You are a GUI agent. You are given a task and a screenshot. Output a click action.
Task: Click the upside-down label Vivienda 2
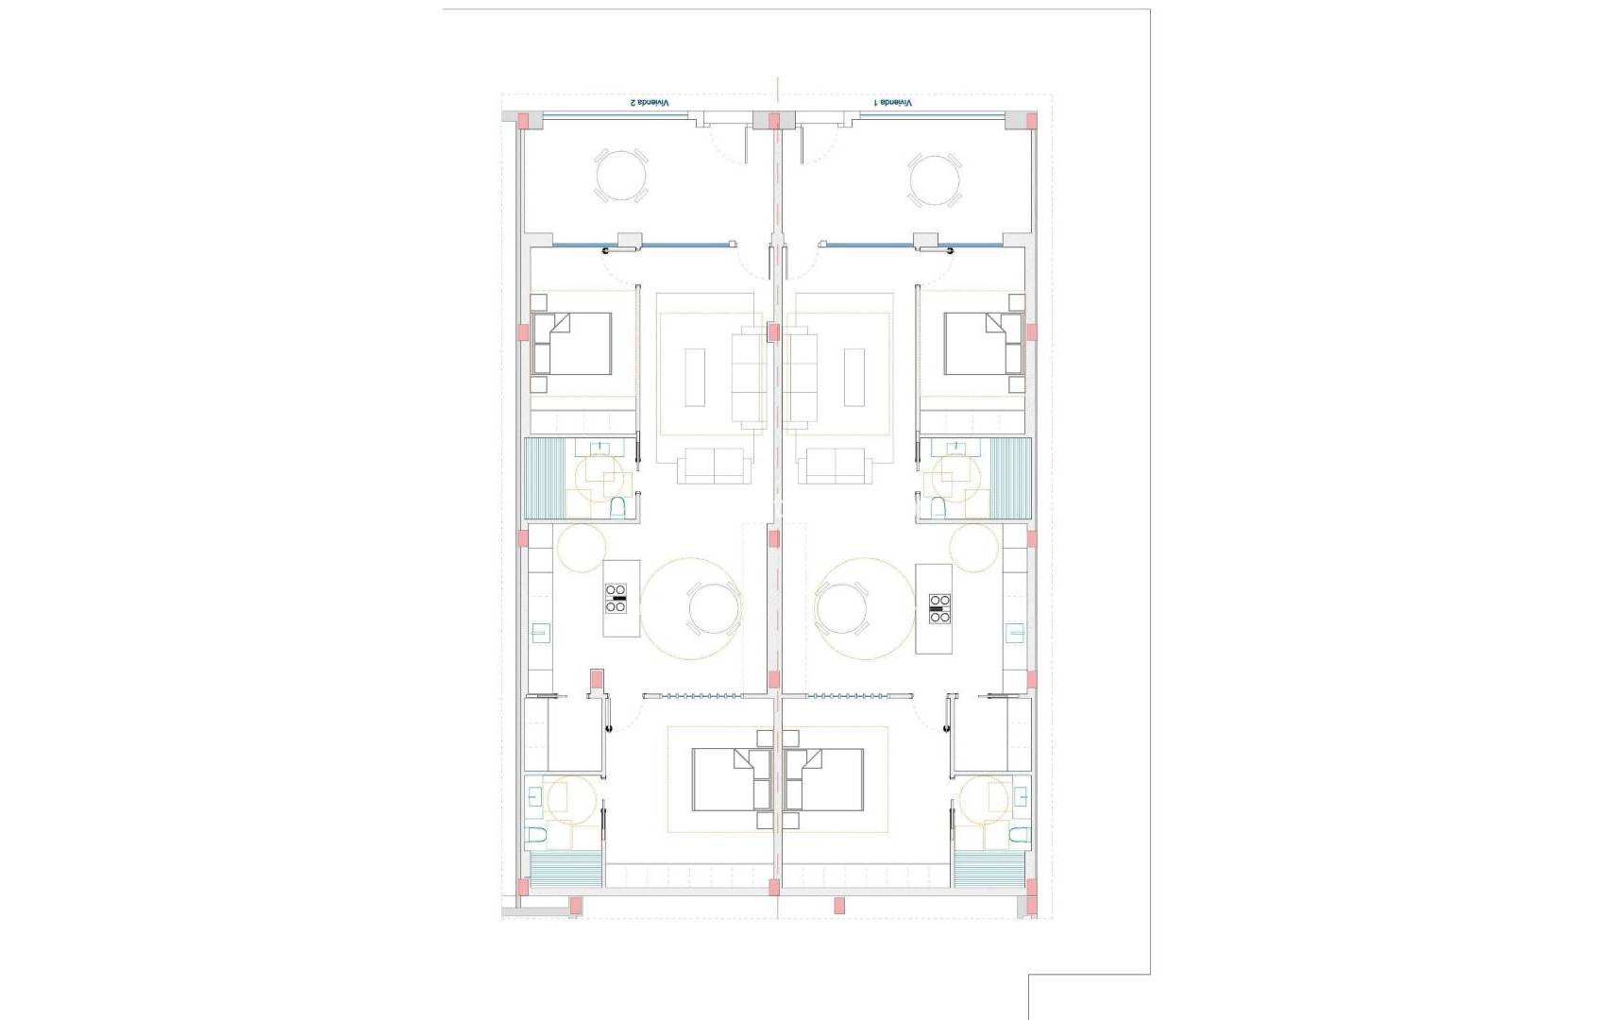click(x=650, y=102)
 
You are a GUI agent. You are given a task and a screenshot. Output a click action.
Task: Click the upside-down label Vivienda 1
click(x=893, y=102)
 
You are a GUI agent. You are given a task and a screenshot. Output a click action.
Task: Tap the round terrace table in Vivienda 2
click(x=621, y=176)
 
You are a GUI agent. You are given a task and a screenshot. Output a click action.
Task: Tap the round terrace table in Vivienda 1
click(x=935, y=180)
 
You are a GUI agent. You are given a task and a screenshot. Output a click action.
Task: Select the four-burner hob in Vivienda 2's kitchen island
click(x=616, y=599)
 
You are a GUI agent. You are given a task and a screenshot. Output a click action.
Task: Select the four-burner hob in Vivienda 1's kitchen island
click(x=939, y=609)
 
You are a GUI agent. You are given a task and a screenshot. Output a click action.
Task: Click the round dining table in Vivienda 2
click(x=713, y=608)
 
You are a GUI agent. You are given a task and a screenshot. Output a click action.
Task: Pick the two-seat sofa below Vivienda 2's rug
click(x=714, y=466)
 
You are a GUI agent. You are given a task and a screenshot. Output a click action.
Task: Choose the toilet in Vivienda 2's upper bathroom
click(x=618, y=508)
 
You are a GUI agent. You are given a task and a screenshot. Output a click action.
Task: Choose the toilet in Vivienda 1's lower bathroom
click(x=1018, y=835)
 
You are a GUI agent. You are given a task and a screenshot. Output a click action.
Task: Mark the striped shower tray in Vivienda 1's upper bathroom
click(x=1010, y=477)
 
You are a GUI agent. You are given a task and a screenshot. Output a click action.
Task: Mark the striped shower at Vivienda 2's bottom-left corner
click(x=566, y=869)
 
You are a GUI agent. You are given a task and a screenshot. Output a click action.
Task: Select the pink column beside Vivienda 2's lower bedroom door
click(x=596, y=679)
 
